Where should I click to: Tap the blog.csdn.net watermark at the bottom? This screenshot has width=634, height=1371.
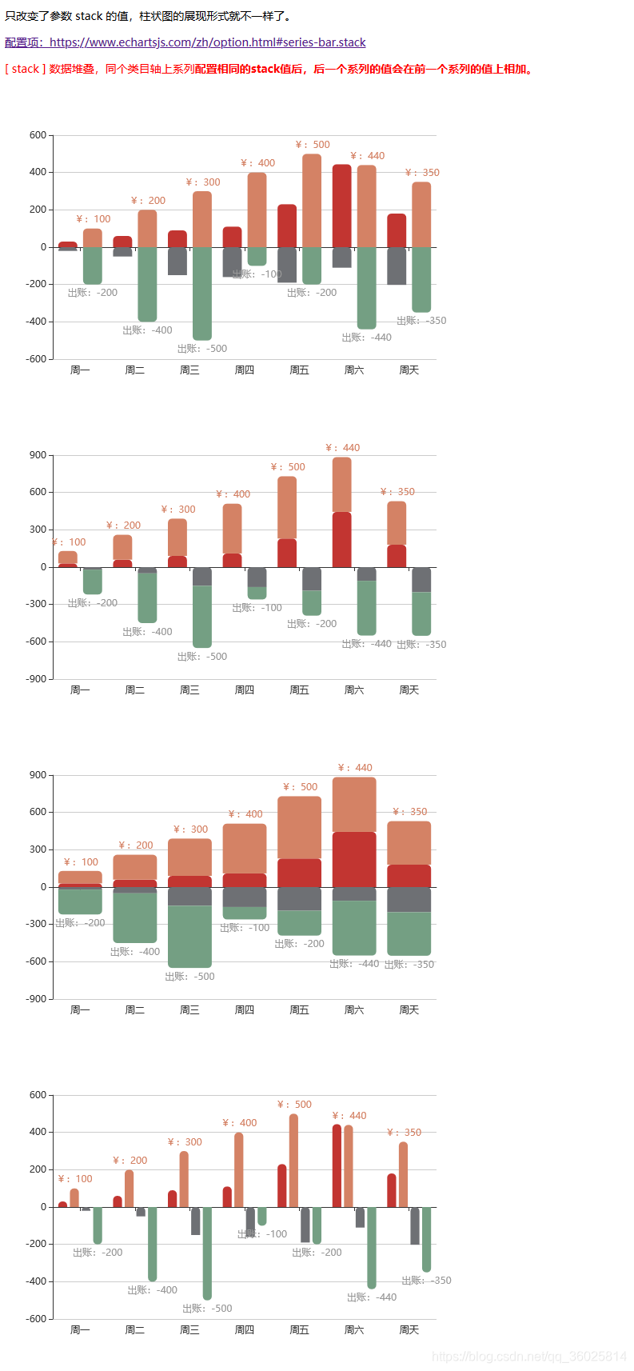(528, 1356)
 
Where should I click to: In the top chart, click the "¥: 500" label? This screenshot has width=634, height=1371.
(313, 145)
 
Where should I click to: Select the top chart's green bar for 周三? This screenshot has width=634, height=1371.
(202, 294)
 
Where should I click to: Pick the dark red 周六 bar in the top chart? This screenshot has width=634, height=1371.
(341, 206)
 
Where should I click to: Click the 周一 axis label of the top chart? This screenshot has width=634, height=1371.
(80, 370)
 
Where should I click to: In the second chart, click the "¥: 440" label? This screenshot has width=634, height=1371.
(343, 448)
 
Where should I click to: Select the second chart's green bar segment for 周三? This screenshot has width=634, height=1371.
(202, 617)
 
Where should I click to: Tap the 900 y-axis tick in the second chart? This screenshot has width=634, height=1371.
(38, 455)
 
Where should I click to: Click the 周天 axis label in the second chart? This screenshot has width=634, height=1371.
(409, 690)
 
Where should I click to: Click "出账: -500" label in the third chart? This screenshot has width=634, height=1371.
(190, 977)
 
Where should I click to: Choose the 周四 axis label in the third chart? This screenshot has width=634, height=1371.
(244, 1010)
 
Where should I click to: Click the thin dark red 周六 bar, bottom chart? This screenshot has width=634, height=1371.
(337, 1166)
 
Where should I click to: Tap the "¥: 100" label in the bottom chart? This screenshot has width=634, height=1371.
(75, 1179)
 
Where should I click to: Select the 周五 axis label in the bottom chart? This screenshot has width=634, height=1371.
(299, 1330)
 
